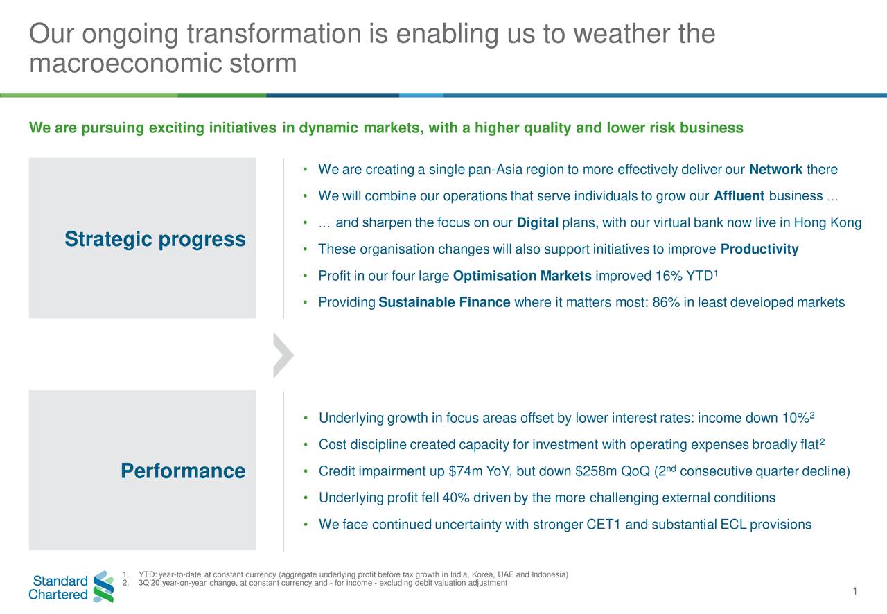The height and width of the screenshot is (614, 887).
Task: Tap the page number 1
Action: [x=856, y=591]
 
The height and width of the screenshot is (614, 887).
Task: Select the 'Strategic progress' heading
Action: [x=155, y=239]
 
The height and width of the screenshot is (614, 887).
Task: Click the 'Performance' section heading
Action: [x=182, y=471]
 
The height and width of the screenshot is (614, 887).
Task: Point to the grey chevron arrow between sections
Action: [x=283, y=356]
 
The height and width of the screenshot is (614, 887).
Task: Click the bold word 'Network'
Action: [x=775, y=170]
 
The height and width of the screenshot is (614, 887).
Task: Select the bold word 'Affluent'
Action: [x=738, y=196]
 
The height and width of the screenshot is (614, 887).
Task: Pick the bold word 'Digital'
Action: [x=538, y=223]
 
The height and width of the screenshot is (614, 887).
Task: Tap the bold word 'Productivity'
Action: [x=759, y=249]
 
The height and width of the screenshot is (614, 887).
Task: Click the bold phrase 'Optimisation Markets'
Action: [x=522, y=277]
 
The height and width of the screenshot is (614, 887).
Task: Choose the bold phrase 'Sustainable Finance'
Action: [x=444, y=302]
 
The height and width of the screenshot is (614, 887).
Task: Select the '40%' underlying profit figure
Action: [x=455, y=498]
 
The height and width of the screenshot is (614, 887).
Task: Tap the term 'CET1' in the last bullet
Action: [x=604, y=525]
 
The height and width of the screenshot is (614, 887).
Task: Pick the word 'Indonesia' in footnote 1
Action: [x=549, y=574]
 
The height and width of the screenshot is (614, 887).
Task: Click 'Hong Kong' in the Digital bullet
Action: [x=827, y=223]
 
